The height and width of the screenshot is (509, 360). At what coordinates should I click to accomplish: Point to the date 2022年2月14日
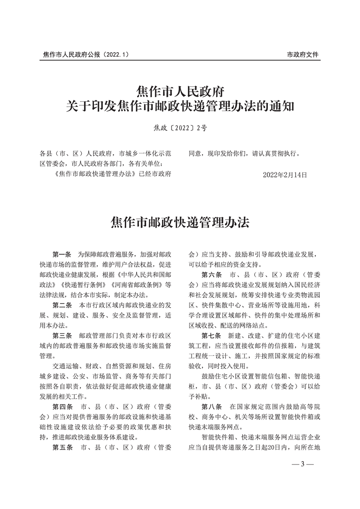[285, 174]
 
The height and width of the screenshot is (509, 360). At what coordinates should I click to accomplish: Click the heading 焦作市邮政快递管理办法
[180, 222]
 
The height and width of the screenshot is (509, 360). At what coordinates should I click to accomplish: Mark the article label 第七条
[212, 336]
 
